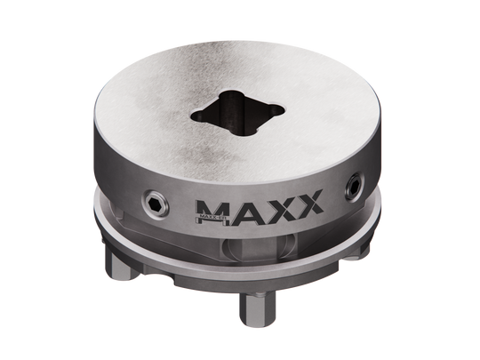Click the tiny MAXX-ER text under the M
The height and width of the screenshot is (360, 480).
[x=208, y=215]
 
